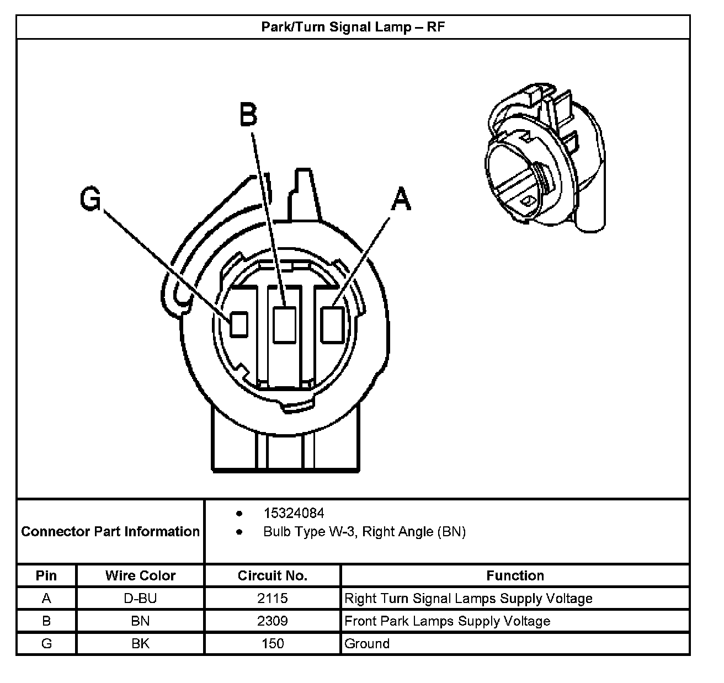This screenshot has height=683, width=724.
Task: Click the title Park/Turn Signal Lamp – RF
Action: pos(353,27)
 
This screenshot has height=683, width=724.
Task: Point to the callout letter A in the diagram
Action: pos(401,199)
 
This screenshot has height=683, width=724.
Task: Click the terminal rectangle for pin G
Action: pos(238,324)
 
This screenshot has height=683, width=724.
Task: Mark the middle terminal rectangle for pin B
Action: pos(284,324)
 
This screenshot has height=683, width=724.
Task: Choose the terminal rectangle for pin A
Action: pos(333,324)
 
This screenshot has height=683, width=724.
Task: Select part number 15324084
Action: pos(294,514)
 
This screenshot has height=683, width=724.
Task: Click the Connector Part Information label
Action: pos(110,531)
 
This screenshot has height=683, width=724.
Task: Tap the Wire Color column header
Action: pos(140,576)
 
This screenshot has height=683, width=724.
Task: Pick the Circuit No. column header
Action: pos(272,576)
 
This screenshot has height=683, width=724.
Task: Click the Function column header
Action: pos(515,576)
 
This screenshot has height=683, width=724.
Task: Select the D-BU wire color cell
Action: pos(140,599)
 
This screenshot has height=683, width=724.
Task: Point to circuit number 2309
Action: pos(272,621)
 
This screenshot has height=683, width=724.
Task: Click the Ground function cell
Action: pos(367,644)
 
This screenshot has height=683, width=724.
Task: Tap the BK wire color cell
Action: pos(140,644)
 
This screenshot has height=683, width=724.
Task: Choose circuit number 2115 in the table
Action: pos(272,599)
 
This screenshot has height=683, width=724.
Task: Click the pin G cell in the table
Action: pos(46,644)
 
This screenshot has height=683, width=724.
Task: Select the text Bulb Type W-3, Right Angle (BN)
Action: pos(364,532)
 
